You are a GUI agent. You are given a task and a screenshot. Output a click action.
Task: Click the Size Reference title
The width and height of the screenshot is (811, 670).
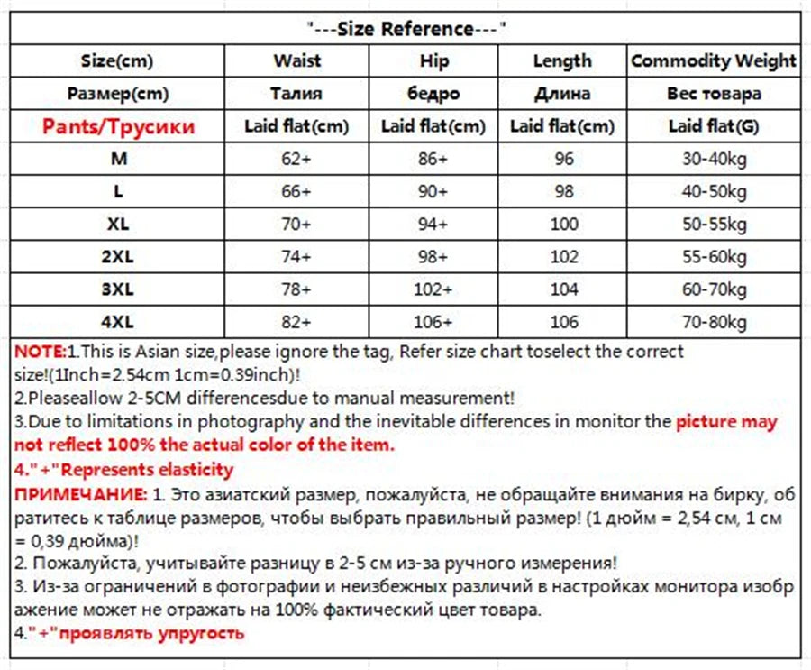coord(405,28)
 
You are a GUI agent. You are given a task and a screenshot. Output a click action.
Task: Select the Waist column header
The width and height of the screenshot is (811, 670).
coord(297,61)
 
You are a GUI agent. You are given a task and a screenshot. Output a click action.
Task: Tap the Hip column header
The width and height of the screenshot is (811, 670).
coord(433,61)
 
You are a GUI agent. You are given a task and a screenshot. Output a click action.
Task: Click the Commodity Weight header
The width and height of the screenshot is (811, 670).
coord(714,61)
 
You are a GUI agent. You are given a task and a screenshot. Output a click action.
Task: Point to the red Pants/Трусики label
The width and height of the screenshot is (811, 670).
coord(118,126)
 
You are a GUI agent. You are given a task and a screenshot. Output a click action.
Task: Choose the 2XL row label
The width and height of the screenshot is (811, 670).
coord(118,256)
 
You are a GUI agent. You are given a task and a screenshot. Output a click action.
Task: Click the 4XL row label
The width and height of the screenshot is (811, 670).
coord(118,322)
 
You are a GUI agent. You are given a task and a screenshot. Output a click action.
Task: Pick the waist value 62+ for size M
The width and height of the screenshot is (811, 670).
coord(297,159)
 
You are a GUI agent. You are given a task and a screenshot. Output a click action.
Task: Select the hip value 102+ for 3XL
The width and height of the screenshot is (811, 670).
coord(433,289)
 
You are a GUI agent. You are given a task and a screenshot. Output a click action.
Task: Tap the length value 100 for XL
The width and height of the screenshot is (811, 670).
coord(563,224)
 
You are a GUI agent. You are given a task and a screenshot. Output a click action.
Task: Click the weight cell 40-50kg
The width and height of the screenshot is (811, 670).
coord(714,191)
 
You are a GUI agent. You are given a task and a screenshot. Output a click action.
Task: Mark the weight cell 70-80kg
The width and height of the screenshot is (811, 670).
coord(714,322)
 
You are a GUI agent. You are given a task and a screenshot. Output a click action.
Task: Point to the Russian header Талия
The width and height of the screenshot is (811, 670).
coord(297,94)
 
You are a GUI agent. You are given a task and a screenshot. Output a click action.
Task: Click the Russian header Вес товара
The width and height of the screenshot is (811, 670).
coord(714,94)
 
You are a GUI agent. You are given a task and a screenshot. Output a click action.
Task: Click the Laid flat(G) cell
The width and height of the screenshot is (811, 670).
coord(714,126)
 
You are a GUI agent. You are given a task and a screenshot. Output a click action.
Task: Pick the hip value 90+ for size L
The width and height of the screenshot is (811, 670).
coord(433,191)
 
